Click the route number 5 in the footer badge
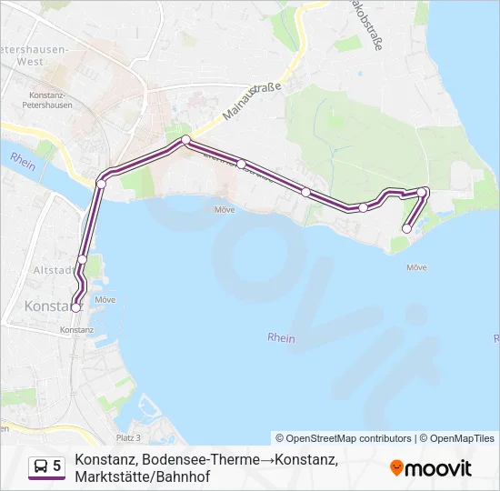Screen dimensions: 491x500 (57, 466)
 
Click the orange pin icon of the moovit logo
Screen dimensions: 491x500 (396, 467)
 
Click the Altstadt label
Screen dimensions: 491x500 (50, 270)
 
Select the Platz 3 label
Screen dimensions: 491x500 (128, 437)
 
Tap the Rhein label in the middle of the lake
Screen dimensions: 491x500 (282, 337)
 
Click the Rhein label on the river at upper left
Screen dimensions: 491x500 (22, 157)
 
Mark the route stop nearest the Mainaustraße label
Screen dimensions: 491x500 (185, 140)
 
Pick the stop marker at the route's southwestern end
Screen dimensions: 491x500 (75, 307)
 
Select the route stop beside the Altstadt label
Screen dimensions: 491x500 (83, 260)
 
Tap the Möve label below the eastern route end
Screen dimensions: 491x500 (416, 267)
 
